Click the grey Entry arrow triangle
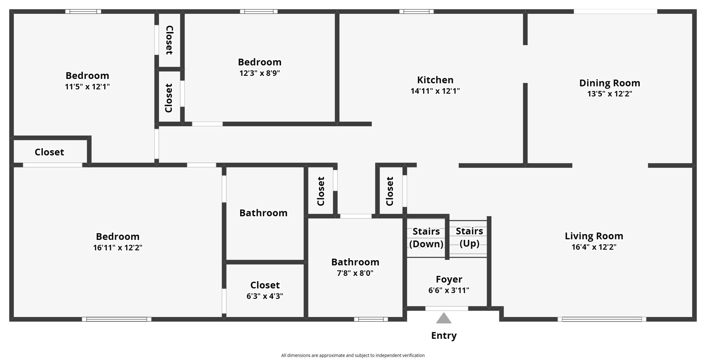(444, 318)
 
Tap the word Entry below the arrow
(444, 336)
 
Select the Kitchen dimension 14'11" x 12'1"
(435, 91)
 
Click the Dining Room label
(609, 83)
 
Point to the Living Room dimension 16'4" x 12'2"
(594, 247)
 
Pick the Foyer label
(449, 279)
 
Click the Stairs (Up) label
(469, 237)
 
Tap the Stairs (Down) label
(426, 238)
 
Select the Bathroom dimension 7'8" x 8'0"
(355, 273)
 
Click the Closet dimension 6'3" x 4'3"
(265, 296)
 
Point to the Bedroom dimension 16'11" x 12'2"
(118, 248)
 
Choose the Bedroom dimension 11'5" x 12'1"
(87, 87)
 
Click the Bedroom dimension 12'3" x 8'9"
(260, 73)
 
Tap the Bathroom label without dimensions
(263, 213)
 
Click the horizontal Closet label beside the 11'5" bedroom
(49, 152)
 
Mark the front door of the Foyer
(446, 309)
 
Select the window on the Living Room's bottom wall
(602, 319)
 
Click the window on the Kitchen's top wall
(416, 12)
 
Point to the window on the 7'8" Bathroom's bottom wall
(371, 319)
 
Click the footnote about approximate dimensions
(353, 356)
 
